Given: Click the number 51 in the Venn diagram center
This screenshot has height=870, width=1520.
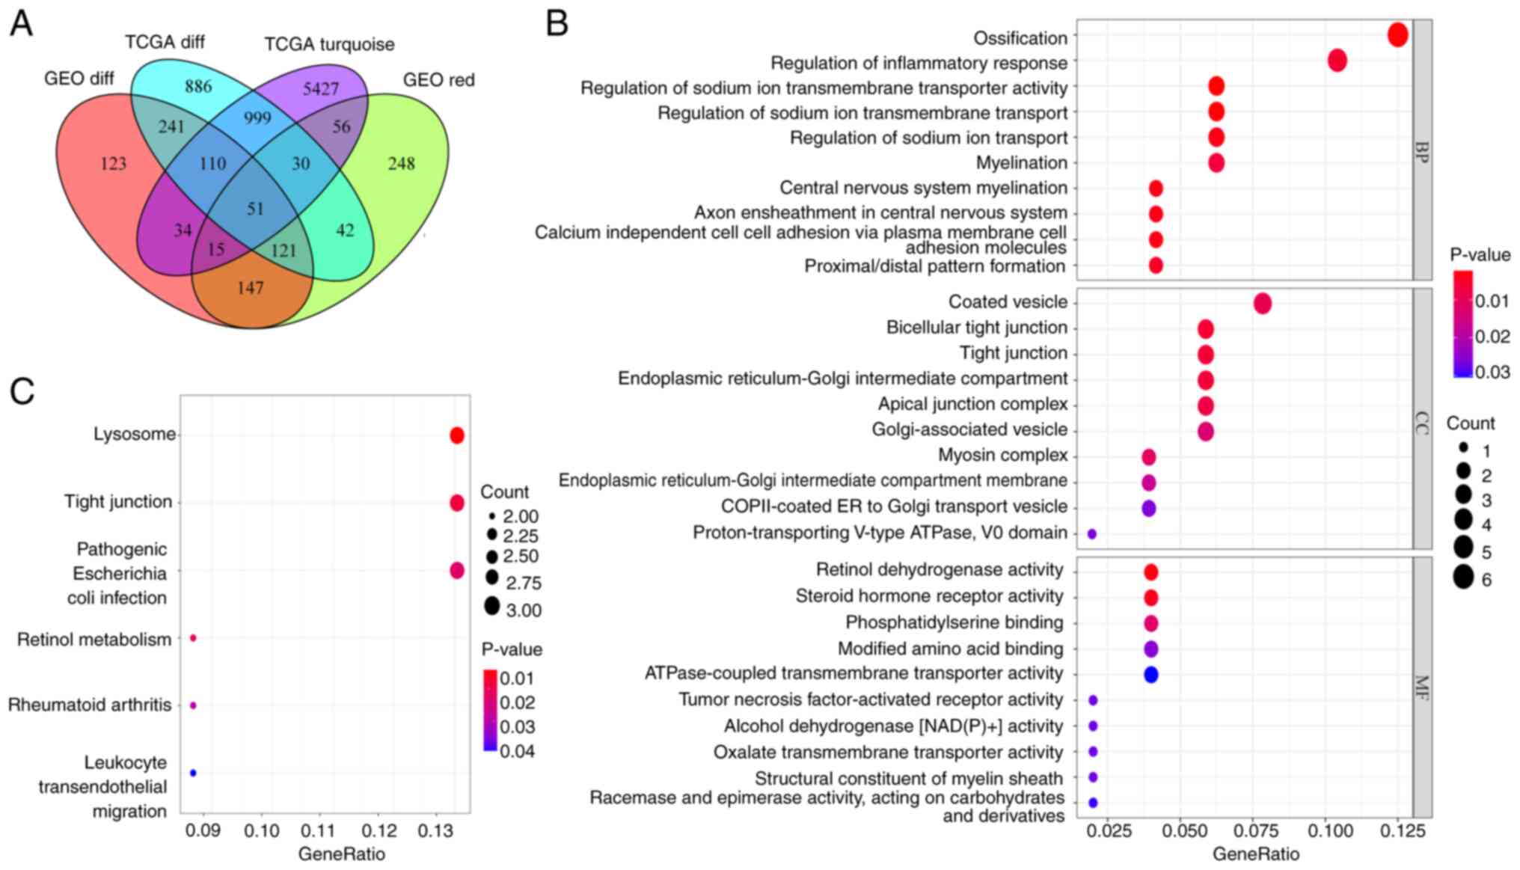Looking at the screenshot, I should point(255,209).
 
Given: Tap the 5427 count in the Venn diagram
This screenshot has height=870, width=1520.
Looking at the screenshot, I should point(321,89).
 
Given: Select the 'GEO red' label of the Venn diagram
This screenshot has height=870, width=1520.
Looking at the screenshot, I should point(438,80).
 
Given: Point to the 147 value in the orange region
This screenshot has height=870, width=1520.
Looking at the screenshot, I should point(250,288).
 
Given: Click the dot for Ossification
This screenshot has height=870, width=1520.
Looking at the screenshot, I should point(1397,34).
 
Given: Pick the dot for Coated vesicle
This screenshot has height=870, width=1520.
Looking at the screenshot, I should point(1262,303).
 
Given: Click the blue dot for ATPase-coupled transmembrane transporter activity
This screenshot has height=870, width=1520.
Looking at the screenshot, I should point(1150,674).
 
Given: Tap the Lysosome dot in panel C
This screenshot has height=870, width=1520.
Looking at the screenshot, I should point(457,435).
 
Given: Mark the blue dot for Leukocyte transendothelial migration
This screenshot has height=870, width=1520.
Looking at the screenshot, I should point(193,773).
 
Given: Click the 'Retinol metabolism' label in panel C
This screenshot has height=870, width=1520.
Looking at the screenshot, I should point(94,640).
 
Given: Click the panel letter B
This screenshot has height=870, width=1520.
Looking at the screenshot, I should point(557,23).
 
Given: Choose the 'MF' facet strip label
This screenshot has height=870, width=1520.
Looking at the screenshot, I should point(1422,687).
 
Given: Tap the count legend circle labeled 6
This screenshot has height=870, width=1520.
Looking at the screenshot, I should point(1464,578).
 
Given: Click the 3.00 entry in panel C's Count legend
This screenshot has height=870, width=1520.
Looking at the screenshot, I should point(491,606).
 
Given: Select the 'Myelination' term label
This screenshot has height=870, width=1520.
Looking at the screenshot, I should point(1021,163).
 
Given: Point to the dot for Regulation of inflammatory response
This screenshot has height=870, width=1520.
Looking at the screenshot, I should point(1337,61).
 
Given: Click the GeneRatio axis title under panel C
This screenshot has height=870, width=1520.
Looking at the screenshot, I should point(341,854).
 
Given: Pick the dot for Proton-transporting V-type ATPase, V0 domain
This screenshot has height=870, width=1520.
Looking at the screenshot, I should point(1091,534).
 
